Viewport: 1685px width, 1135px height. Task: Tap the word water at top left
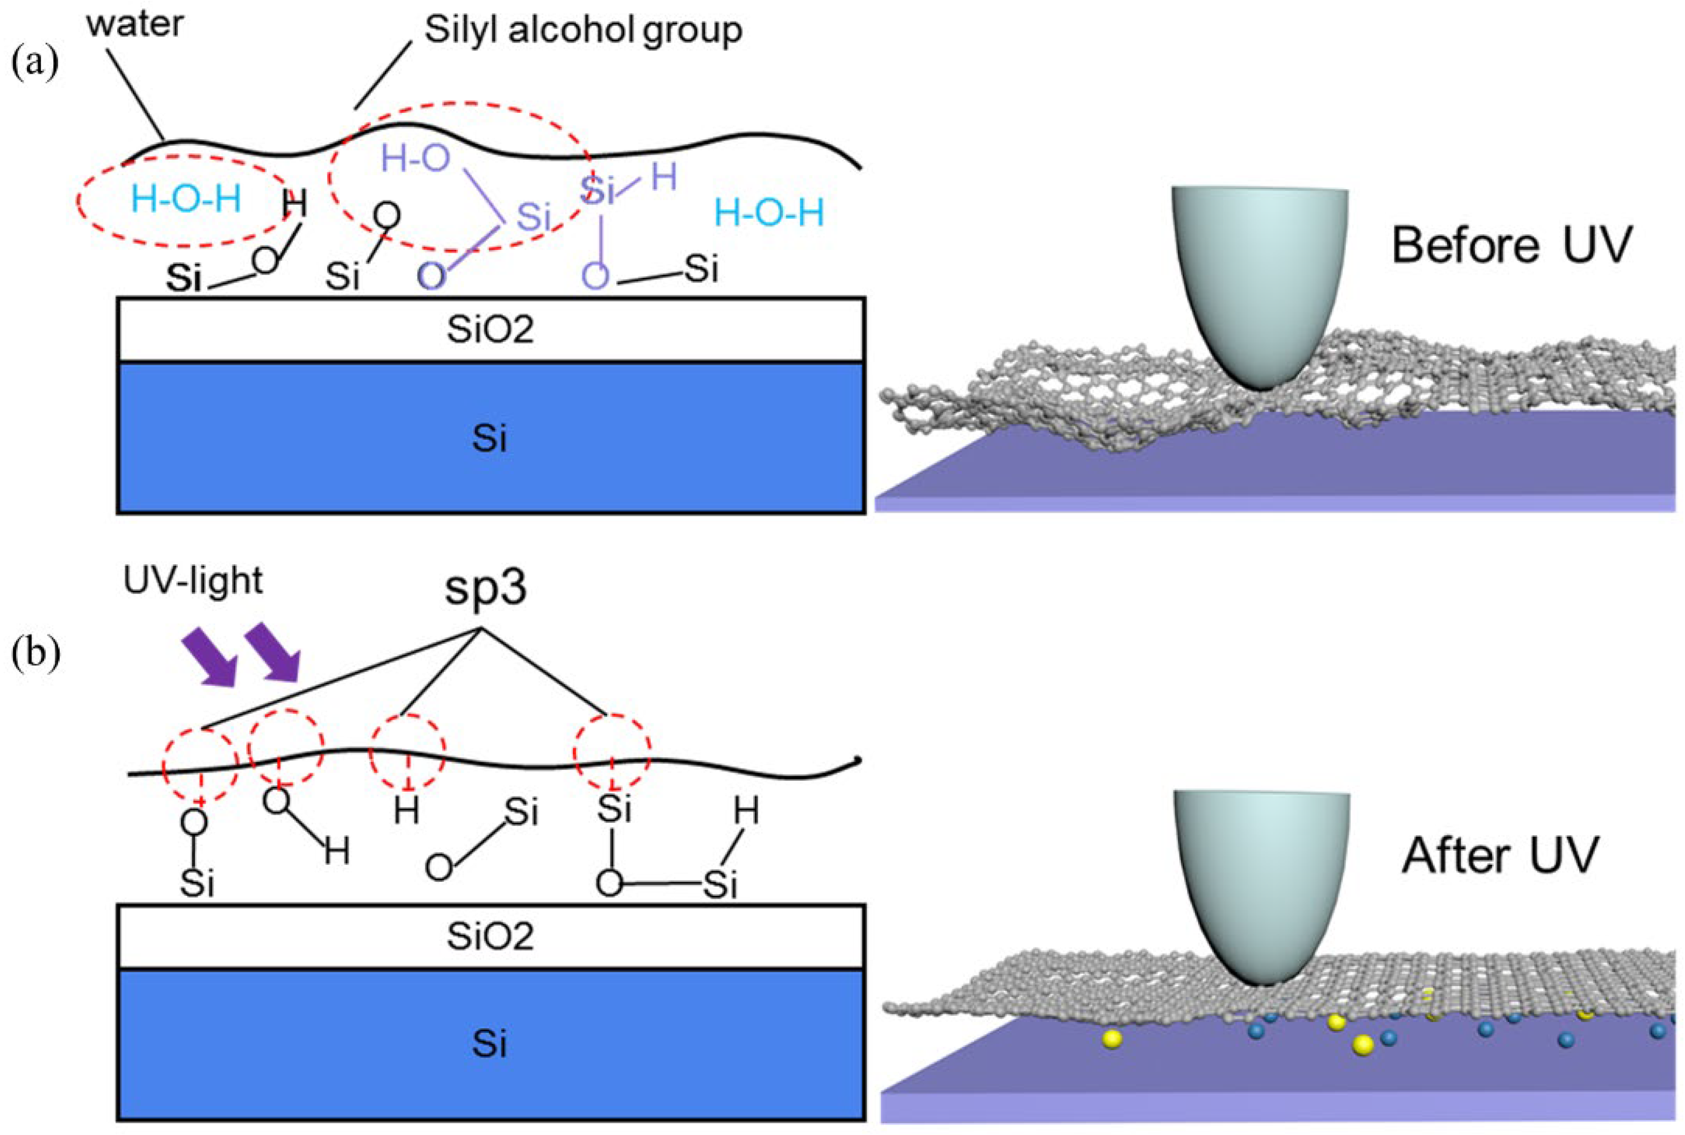coord(135,24)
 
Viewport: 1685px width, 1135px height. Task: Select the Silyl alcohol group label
coord(582,31)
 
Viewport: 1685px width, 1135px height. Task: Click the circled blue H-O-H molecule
coord(186,199)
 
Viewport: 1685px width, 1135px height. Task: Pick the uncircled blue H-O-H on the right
coord(769,213)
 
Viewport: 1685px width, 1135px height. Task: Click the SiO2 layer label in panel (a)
coord(490,330)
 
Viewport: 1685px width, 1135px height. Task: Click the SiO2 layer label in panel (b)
coord(490,937)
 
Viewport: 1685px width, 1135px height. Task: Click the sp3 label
coord(485,588)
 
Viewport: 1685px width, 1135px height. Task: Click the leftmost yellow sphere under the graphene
coord(1112,1039)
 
